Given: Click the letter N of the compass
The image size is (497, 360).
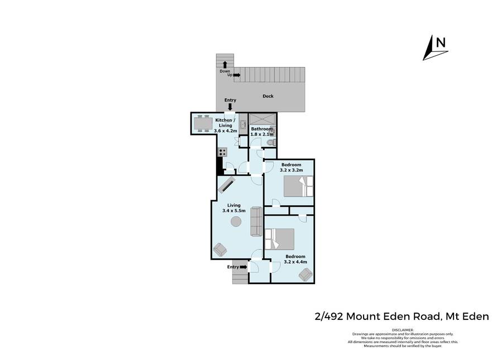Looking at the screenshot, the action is coord(441,42).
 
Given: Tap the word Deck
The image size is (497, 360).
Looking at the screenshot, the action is coord(268,96).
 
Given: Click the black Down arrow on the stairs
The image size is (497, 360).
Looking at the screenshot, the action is coord(224,65).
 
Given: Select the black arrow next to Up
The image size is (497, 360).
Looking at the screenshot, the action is coord(237,75).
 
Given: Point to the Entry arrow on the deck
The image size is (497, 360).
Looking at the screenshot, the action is coord(230,107).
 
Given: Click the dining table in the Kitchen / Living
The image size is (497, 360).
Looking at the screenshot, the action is coord(203,123).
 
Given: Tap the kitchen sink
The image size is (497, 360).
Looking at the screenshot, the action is coord(243,124).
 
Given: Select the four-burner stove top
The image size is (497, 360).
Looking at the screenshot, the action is coord(222,152).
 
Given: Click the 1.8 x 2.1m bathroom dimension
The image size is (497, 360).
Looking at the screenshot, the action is coord(262,135).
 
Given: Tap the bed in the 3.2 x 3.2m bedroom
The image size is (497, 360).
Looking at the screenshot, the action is coord(298,186).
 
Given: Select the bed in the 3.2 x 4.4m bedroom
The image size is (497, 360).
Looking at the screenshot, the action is coord(280,239).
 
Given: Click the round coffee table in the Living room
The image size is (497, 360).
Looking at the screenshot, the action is coord(236,221).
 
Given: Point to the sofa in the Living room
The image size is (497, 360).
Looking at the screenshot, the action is coord(256,221).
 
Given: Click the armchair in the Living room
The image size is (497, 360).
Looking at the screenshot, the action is coord(220,249).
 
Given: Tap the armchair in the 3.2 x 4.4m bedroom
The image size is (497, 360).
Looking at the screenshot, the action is coord(306,275).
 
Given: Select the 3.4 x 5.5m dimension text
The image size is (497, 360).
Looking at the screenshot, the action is coord(234,210).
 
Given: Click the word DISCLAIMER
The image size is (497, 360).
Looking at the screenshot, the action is coord(403,330).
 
